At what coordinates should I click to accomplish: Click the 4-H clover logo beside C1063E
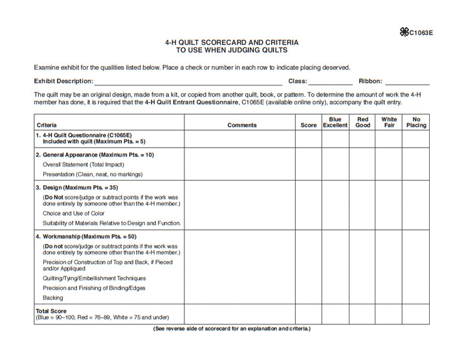click(x=404, y=32)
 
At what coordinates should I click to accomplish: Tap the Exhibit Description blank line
click(x=188, y=82)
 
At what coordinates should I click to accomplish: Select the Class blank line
click(x=330, y=82)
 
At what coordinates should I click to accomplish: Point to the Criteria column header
click(x=47, y=125)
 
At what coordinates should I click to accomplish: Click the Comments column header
click(x=242, y=125)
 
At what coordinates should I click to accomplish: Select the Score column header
click(x=309, y=125)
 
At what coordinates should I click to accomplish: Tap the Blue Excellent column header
click(x=335, y=122)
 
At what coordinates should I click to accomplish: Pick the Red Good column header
click(x=362, y=122)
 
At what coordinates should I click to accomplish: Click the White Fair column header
click(x=389, y=122)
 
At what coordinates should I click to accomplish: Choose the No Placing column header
click(x=416, y=122)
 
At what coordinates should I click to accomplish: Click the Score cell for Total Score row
click(x=309, y=315)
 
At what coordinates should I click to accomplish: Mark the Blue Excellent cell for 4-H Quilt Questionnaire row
click(x=335, y=139)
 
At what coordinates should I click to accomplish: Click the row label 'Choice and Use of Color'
click(x=74, y=213)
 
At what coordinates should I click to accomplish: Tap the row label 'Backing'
click(x=53, y=298)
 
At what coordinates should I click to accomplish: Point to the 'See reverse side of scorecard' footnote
click(x=232, y=329)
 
